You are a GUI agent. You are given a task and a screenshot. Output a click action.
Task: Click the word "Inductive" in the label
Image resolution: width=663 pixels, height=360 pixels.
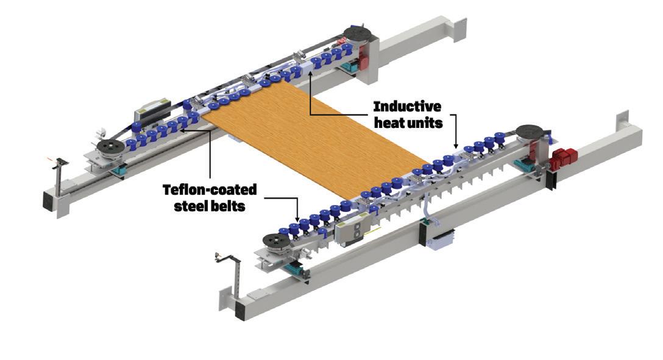click(406, 107)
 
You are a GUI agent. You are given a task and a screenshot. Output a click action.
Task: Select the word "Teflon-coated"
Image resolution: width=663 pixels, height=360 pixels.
click(210, 190)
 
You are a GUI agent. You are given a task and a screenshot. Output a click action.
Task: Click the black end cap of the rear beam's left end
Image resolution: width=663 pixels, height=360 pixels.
click(47, 199)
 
